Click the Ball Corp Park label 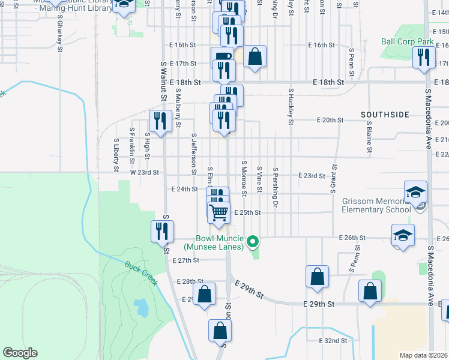tap(407, 42)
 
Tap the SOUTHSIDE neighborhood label tap(385, 114)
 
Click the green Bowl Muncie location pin tap(253, 242)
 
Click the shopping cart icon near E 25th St tap(219, 211)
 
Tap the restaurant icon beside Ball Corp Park tap(424, 58)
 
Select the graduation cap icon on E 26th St tap(403, 235)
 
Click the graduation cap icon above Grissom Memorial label tap(415, 192)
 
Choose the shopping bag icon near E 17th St tap(255, 57)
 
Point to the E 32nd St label tap(333, 340)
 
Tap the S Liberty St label tap(116, 155)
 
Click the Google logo tap(20, 353)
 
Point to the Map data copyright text tap(424, 355)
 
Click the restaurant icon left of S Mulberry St tap(159, 122)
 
